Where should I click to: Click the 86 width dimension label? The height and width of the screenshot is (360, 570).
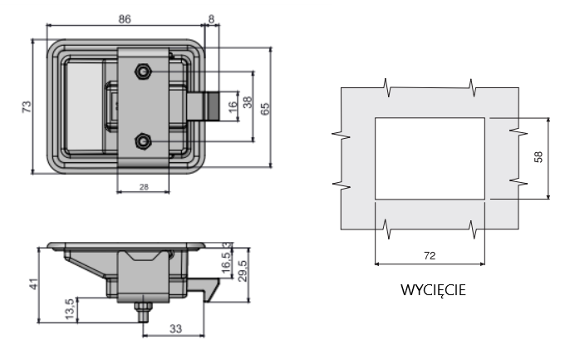pyautogui.click(x=125, y=19)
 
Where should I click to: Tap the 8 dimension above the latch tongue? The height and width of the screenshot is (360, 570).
pyautogui.click(x=212, y=19)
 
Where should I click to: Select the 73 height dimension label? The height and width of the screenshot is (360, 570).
pyautogui.click(x=27, y=106)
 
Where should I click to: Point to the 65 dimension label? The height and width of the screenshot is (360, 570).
pyautogui.click(x=265, y=109)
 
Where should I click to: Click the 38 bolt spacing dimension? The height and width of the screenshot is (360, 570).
pyautogui.click(x=247, y=102)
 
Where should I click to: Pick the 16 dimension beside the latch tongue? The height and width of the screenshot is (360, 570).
pyautogui.click(x=233, y=106)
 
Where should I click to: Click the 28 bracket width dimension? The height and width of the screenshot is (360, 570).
pyautogui.click(x=144, y=187)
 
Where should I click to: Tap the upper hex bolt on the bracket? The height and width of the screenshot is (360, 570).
pyautogui.click(x=143, y=72)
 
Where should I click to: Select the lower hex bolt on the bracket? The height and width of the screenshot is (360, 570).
pyautogui.click(x=143, y=141)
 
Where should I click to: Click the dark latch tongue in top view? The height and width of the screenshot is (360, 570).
pyautogui.click(x=213, y=106)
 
